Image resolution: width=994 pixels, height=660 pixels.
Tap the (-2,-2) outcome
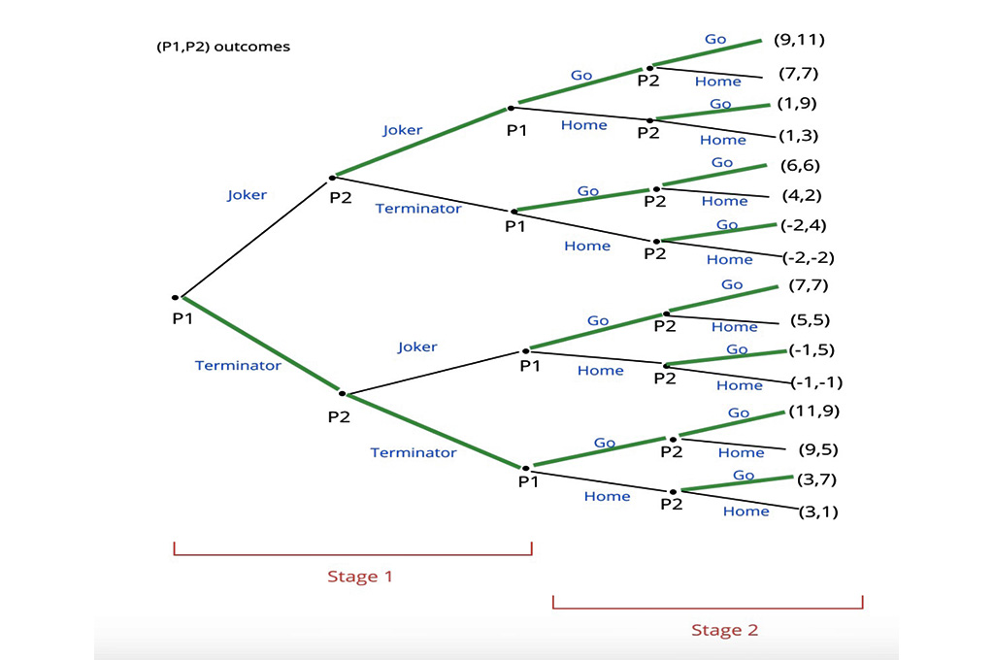809,258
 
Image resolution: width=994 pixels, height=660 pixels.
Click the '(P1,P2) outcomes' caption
222,47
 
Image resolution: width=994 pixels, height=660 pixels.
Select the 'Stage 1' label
359,577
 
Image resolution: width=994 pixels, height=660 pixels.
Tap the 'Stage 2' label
724,630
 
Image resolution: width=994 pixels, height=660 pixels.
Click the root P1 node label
183,317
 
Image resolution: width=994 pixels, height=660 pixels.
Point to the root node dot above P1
175,297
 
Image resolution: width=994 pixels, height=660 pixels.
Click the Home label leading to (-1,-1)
739,385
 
